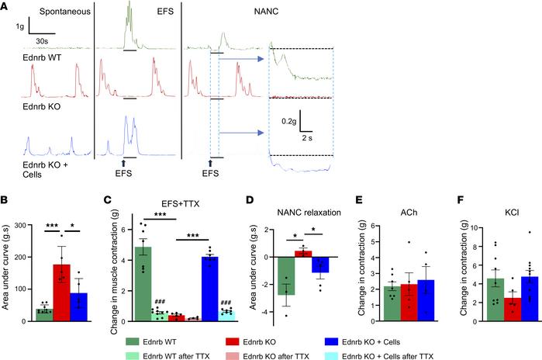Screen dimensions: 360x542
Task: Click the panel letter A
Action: (x=6, y=6)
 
